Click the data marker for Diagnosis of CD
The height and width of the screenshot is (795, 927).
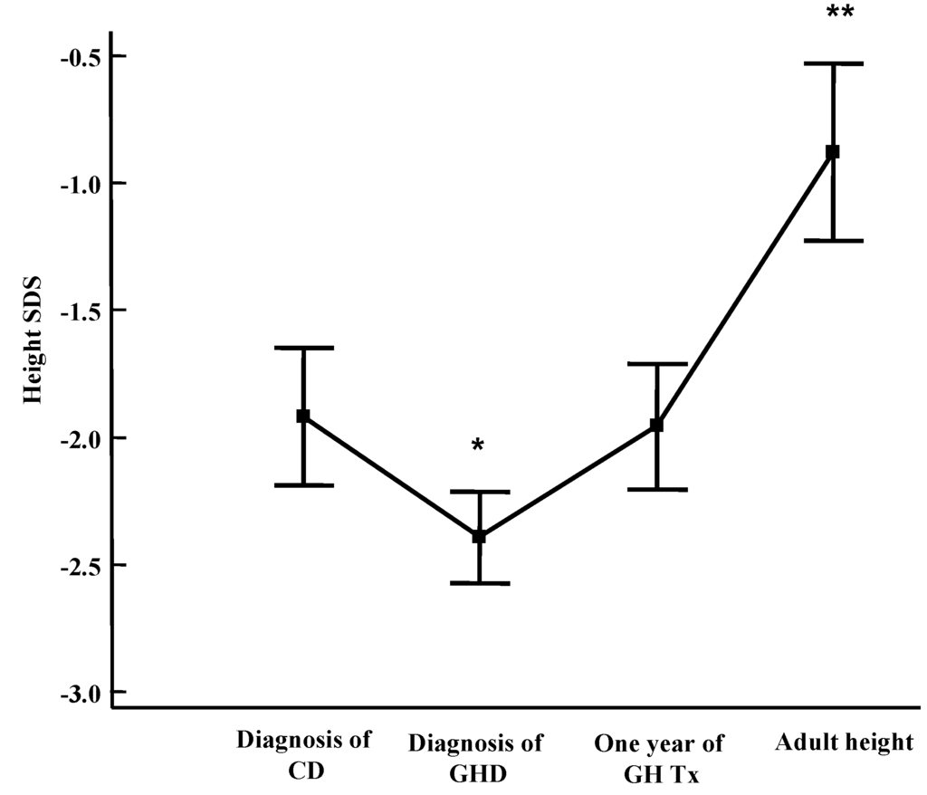[x=303, y=416]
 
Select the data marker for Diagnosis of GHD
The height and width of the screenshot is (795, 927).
[x=480, y=536]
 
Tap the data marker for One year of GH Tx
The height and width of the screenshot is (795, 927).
[x=657, y=425]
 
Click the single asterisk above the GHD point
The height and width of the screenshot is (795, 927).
[x=478, y=446]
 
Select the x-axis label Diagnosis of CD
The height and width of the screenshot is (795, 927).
[x=303, y=756]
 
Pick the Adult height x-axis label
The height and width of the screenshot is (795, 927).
[x=845, y=743]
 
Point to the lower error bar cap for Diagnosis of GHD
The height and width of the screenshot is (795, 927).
[x=480, y=583]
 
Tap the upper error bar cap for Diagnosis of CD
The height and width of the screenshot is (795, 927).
[x=303, y=348]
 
